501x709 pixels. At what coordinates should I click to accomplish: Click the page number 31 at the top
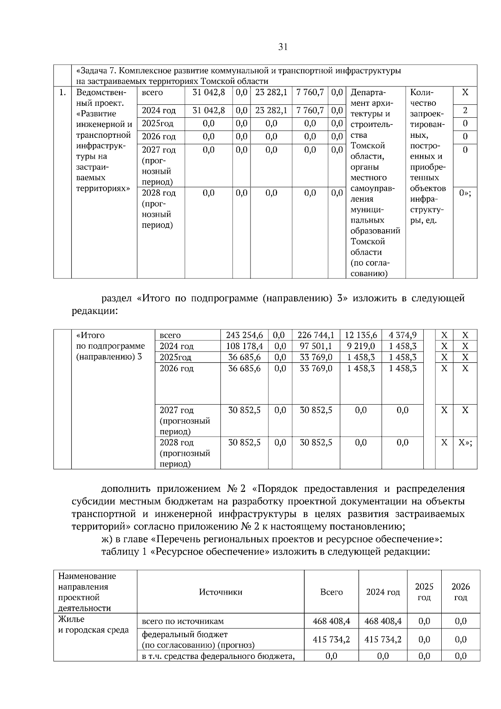[x=283, y=47]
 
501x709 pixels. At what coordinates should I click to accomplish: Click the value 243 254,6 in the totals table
[x=244, y=335]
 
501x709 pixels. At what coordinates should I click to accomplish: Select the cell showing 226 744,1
[x=316, y=335]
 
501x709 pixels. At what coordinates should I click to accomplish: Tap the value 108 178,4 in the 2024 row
[x=244, y=346]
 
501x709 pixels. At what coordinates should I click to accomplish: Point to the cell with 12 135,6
[x=361, y=335]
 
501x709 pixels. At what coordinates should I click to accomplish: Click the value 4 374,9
[x=402, y=335]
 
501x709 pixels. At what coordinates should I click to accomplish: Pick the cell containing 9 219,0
[x=361, y=346]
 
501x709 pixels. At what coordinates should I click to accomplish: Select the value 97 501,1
[x=316, y=346]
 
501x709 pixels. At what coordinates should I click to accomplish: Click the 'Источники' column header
[x=220, y=592]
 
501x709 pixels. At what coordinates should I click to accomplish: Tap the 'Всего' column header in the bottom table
[x=331, y=592]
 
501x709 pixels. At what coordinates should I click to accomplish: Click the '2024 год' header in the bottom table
[x=383, y=592]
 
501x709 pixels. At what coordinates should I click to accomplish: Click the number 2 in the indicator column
[x=465, y=111]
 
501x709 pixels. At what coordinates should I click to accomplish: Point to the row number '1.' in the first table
[x=62, y=93]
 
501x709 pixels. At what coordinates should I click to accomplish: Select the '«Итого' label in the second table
[x=90, y=335]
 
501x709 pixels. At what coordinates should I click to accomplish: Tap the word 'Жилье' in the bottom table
[x=71, y=619]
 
